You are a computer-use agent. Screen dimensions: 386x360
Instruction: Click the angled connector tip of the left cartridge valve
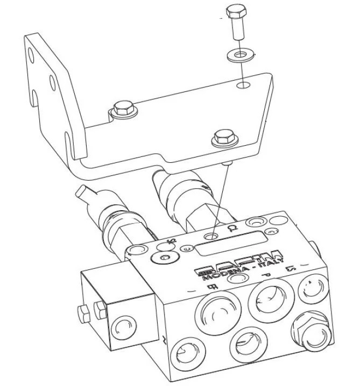[x=85, y=192]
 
